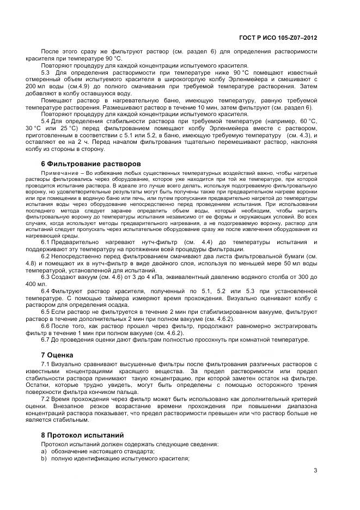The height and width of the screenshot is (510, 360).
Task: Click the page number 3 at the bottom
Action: [x=316, y=471]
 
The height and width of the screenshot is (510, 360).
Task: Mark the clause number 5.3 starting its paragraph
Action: [x=46, y=72]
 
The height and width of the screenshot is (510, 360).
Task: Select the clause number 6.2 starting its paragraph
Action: [x=46, y=256]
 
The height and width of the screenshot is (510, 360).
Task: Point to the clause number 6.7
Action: [x=46, y=341]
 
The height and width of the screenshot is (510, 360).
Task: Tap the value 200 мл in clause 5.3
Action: [x=51, y=86]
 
